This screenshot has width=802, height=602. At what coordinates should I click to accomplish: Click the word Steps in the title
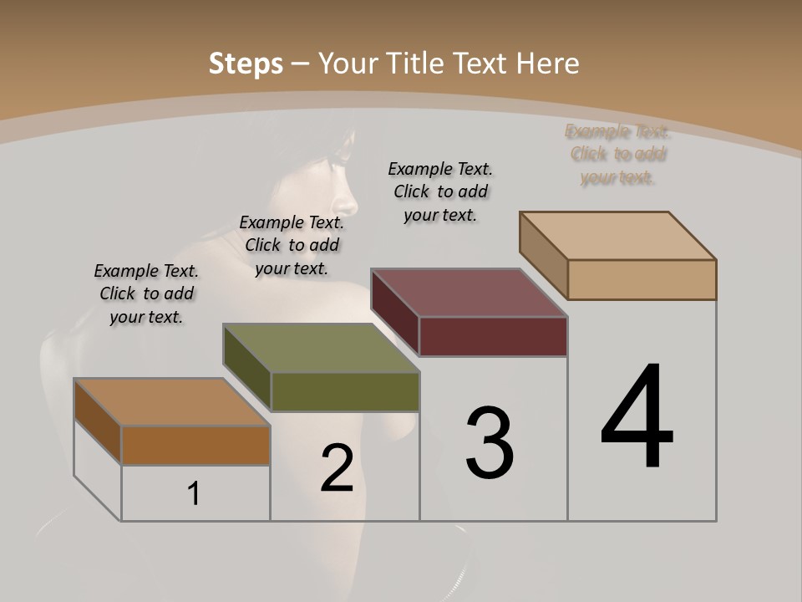[246, 64]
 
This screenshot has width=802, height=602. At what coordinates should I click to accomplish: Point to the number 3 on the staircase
[489, 443]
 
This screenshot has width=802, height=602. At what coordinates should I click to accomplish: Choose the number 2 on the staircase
[338, 468]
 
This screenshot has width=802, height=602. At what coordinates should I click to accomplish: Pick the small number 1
[194, 494]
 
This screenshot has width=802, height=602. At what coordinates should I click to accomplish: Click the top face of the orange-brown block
[172, 402]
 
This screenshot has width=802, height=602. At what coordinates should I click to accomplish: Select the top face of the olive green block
[321, 348]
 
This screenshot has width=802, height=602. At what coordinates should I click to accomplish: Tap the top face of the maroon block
[470, 293]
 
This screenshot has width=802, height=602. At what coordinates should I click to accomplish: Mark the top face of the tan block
[618, 236]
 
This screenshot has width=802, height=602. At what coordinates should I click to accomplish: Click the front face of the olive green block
[345, 392]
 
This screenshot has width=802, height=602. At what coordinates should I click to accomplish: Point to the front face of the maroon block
[493, 337]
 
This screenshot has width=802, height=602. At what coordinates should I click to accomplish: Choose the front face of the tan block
[642, 279]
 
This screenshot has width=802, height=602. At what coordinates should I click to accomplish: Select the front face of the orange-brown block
[195, 446]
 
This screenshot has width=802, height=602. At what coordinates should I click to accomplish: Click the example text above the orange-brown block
[146, 294]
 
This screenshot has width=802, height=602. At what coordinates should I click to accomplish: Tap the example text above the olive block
[292, 246]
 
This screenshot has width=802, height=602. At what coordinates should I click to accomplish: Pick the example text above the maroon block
[440, 192]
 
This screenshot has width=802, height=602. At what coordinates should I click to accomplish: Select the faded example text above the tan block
[618, 155]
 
